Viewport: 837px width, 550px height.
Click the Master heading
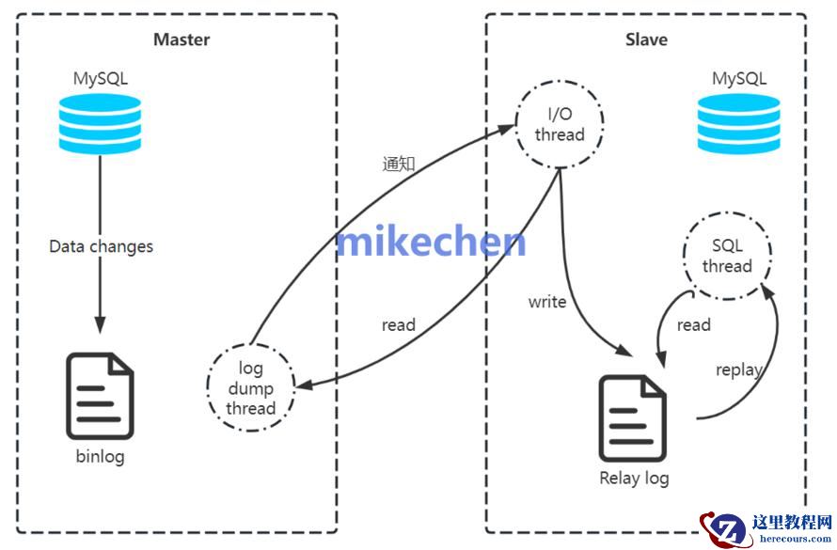coord(182,39)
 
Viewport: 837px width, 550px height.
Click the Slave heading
coord(646,39)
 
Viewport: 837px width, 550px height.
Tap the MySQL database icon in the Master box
coord(101,125)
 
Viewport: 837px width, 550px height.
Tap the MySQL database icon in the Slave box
coord(738,125)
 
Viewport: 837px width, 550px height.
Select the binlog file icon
coord(100,396)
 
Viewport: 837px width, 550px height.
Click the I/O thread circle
coord(560,124)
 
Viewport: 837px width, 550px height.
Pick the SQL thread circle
coord(727,256)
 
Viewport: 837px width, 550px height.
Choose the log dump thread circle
coord(250,387)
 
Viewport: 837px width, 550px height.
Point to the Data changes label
coord(101,247)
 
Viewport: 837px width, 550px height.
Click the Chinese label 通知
coord(399,163)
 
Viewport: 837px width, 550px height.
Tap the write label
coord(547,302)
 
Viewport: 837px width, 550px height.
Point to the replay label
coord(738,369)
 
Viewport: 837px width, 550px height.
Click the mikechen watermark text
coord(432,241)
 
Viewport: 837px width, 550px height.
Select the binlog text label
coord(100,457)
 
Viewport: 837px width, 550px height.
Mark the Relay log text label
coord(634,478)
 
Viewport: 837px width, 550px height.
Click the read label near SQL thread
coord(694,325)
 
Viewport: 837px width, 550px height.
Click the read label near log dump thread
coord(398,325)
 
